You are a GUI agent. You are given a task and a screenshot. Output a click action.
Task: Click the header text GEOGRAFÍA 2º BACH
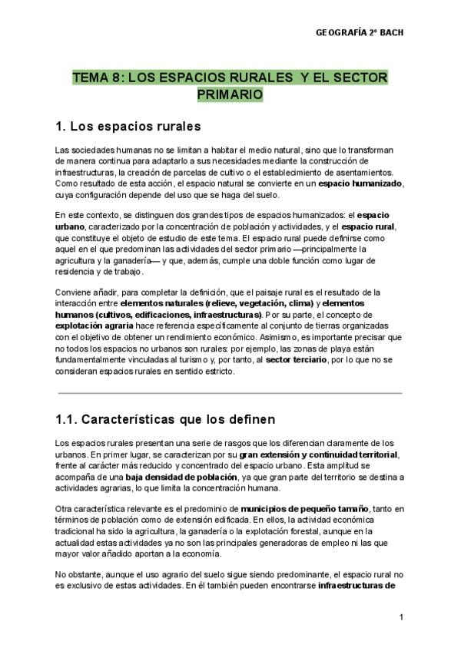(360, 33)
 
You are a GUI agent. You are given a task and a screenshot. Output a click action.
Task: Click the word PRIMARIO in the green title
(230, 94)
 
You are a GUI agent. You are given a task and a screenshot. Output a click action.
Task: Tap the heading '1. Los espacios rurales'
(128, 124)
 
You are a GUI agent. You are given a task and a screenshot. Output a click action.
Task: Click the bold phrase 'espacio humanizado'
(361, 185)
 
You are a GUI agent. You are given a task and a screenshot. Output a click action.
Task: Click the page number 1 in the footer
(401, 617)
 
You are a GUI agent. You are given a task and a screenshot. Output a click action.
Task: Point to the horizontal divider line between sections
(230, 392)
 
